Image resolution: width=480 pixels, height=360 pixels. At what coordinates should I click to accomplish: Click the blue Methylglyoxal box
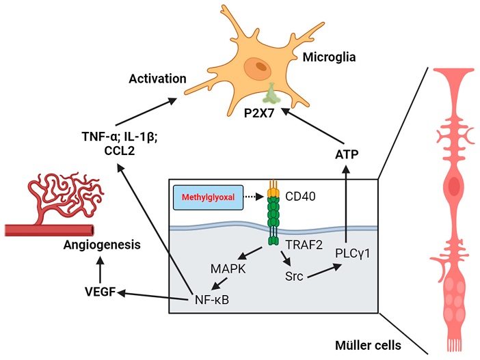(x=208, y=197)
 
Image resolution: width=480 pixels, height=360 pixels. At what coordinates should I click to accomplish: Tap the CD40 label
(x=300, y=196)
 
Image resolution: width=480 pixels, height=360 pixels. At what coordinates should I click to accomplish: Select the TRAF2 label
(x=304, y=245)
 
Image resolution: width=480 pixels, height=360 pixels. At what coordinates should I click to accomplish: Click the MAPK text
(x=228, y=269)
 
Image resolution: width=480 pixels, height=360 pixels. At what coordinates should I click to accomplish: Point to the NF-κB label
(x=212, y=300)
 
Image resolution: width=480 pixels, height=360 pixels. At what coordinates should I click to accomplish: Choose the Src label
(x=294, y=276)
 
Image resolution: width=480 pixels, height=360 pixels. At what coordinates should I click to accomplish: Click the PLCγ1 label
(x=353, y=253)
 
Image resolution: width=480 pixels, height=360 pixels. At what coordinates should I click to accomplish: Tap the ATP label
(x=347, y=155)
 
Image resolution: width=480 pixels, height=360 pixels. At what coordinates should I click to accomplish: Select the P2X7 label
(x=258, y=113)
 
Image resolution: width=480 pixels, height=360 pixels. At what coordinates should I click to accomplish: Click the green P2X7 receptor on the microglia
(x=271, y=94)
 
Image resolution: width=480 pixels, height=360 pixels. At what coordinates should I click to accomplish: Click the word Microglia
(x=329, y=57)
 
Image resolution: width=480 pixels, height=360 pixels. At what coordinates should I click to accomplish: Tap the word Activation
(x=157, y=79)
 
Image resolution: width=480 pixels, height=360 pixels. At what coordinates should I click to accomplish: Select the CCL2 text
(x=120, y=151)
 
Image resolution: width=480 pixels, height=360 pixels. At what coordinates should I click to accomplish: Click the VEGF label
(x=100, y=292)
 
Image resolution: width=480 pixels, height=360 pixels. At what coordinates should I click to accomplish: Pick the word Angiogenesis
(x=102, y=245)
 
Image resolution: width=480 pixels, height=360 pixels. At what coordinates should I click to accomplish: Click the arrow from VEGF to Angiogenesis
(x=100, y=270)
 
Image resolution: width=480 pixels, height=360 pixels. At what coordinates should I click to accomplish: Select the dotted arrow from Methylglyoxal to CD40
(x=253, y=197)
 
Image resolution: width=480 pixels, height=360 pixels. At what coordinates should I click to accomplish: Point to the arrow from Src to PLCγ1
(x=325, y=271)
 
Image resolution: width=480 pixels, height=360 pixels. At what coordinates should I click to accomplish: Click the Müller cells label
(x=368, y=346)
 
